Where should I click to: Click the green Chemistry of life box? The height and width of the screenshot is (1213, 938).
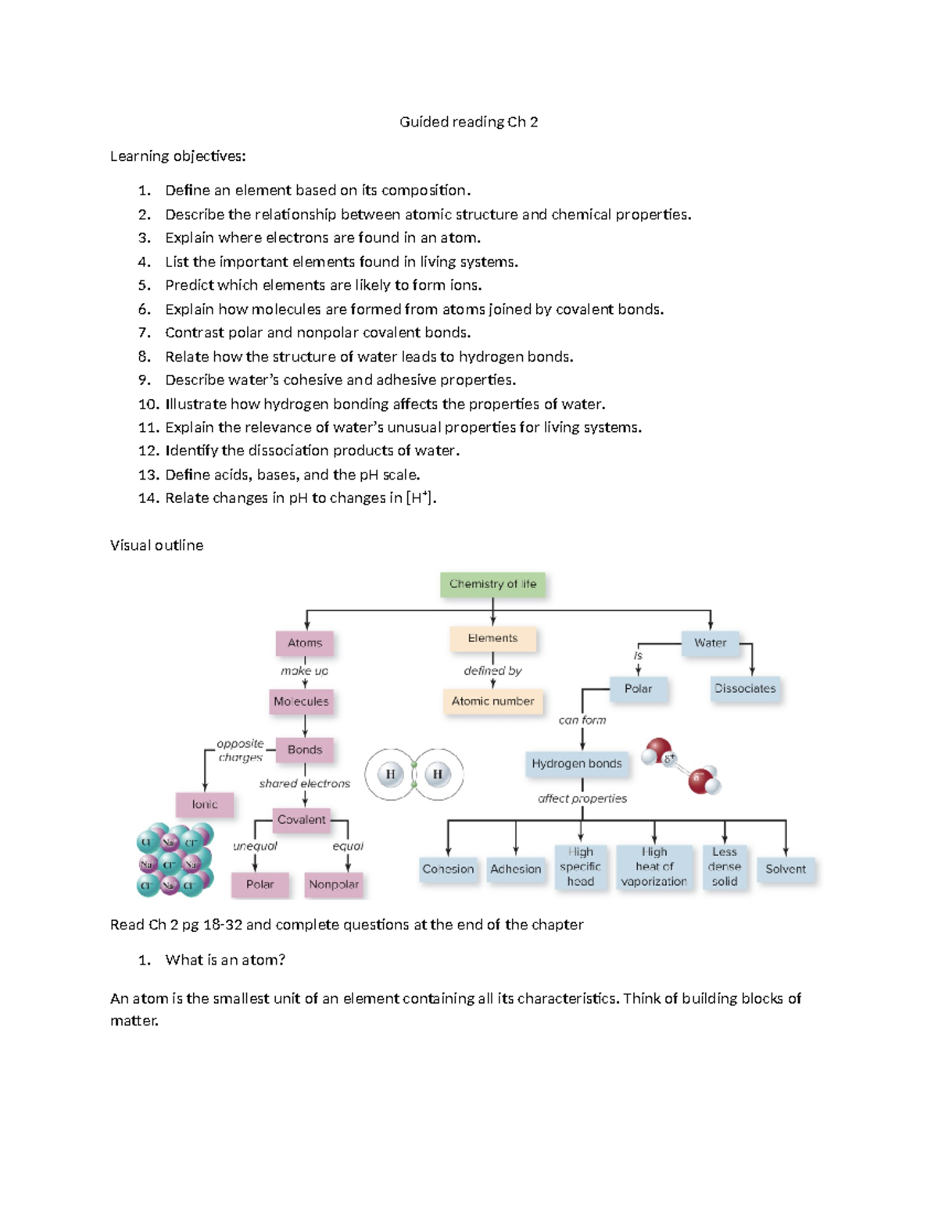pos(492,583)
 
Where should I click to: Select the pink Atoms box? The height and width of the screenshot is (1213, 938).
pos(305,643)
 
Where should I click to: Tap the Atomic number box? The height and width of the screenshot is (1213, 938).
pos(492,701)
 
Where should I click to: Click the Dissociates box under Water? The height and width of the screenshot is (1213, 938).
pos(745,688)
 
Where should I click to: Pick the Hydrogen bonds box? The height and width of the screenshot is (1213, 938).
pos(577,763)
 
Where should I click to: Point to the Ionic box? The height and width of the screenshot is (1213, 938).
pos(205,804)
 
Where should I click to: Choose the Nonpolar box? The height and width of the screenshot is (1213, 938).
pos(334,884)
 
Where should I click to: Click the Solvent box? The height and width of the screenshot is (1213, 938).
pos(786,869)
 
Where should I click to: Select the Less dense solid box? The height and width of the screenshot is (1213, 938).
pos(725,866)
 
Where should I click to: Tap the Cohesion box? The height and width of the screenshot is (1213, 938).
pos(448,869)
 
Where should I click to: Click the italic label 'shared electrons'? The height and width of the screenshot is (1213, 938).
pos(305,783)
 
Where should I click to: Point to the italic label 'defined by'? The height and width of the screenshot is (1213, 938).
pos(492,670)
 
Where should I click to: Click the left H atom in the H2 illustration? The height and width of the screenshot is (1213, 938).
pos(390,774)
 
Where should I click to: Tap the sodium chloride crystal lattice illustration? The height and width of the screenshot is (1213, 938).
pos(174,860)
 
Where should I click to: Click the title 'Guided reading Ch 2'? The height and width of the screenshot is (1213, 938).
pos(468,122)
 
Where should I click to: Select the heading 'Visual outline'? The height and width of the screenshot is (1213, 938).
pos(156,545)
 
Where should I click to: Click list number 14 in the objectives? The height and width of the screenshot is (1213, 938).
pos(148,498)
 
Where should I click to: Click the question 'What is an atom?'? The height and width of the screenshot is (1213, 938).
pos(225,960)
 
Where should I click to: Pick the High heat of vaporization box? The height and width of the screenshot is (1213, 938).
pos(654,866)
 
